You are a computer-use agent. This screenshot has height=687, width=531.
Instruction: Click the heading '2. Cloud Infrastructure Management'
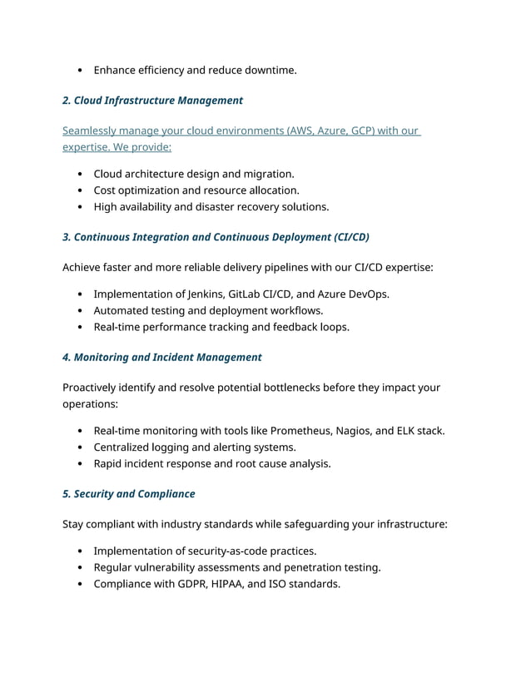[x=152, y=101]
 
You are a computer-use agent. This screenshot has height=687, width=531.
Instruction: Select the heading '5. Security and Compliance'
[x=128, y=494]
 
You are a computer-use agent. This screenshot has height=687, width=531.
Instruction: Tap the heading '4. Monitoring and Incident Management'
[x=161, y=358]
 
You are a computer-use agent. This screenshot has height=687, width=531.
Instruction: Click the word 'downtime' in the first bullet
[x=270, y=71]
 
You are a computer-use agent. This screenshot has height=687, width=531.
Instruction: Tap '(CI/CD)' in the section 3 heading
[x=350, y=237]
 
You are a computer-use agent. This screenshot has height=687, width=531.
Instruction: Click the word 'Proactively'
[x=93, y=388]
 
